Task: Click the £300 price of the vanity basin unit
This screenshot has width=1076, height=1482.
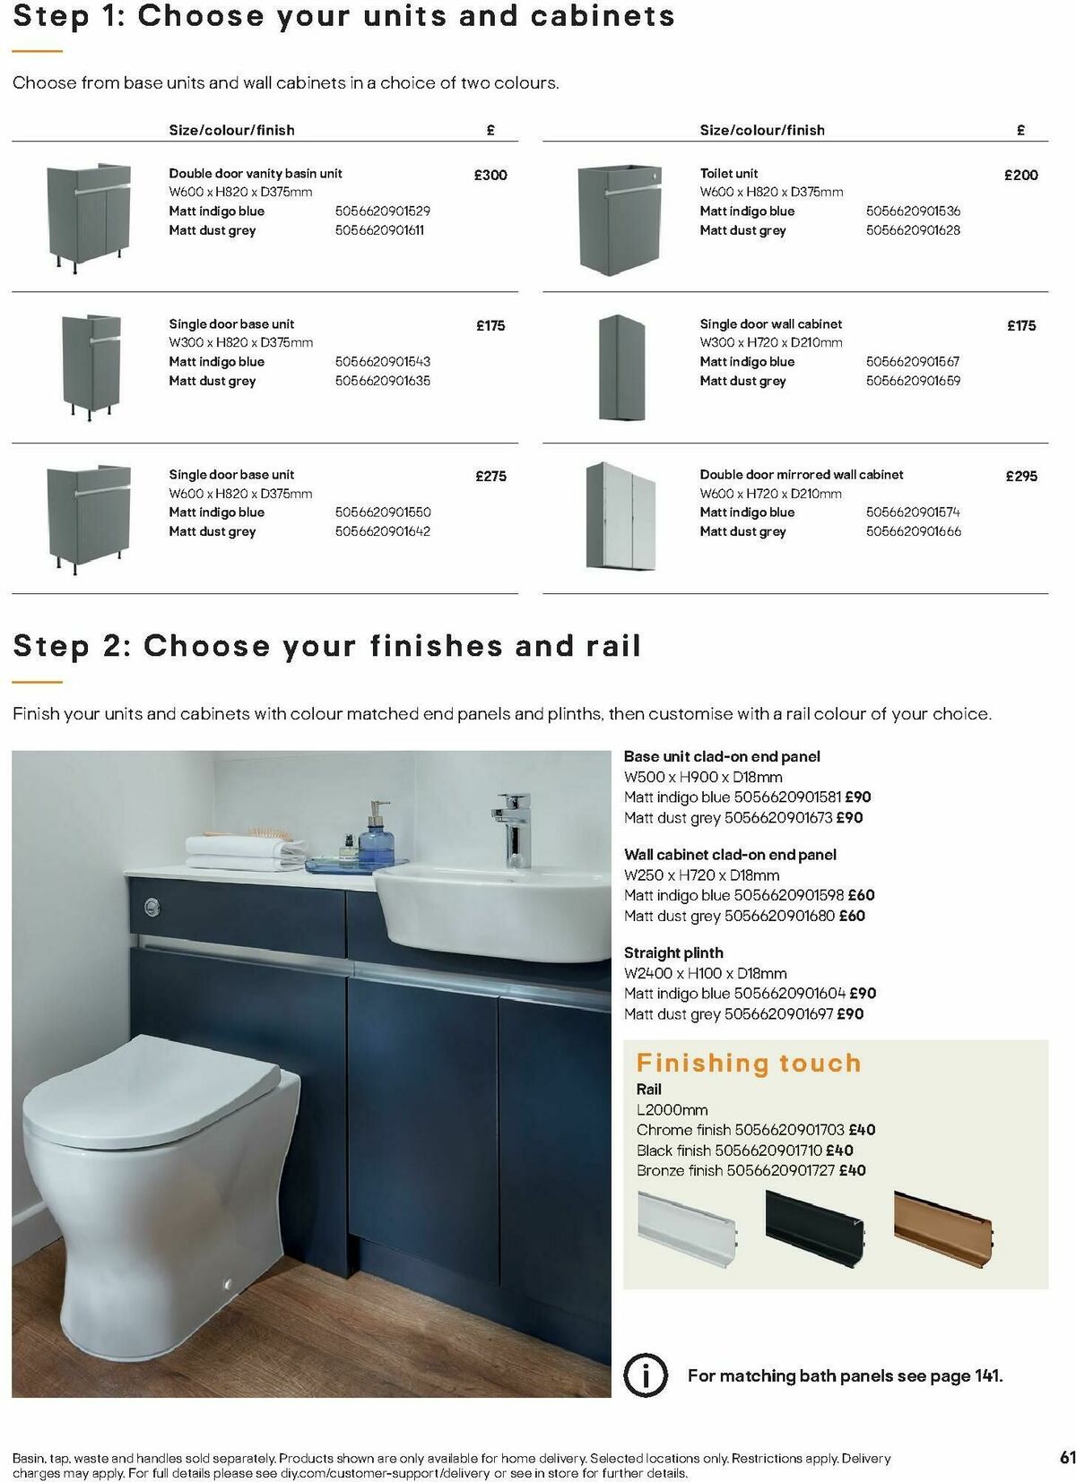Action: (x=490, y=175)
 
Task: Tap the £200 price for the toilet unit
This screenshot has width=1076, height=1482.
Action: (x=1020, y=175)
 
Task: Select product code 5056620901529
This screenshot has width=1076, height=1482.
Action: (x=383, y=211)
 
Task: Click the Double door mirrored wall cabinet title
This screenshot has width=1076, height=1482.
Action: (x=801, y=475)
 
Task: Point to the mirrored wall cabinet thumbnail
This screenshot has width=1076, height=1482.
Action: (x=620, y=516)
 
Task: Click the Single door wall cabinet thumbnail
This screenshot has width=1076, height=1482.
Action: (x=620, y=367)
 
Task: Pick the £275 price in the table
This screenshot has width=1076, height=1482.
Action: (x=490, y=476)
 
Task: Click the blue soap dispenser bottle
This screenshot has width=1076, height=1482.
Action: (x=377, y=840)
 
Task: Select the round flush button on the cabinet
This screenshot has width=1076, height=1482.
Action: (x=152, y=908)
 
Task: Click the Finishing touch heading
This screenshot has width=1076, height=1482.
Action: (x=749, y=1063)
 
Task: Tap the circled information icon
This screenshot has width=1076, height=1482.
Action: (x=645, y=1374)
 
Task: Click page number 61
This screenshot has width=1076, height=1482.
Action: (x=1067, y=1458)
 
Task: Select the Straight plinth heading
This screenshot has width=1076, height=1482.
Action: (x=673, y=952)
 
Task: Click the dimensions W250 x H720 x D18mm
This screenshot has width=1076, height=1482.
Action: (x=701, y=875)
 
